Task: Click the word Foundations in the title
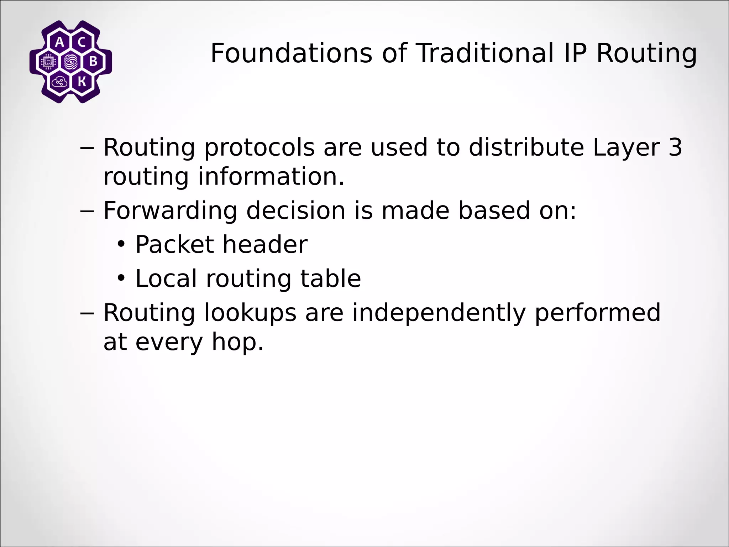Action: tap(291, 53)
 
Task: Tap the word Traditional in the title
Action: tap(485, 53)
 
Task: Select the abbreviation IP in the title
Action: tap(573, 53)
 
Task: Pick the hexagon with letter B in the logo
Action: tap(93, 62)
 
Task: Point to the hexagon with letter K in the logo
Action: tap(82, 82)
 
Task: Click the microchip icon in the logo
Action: tap(48, 62)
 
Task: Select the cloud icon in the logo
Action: tap(59, 82)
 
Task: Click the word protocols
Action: tap(259, 147)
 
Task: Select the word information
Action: tap(271, 177)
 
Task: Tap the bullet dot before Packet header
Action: tap(121, 245)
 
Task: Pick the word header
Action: tap(265, 245)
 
